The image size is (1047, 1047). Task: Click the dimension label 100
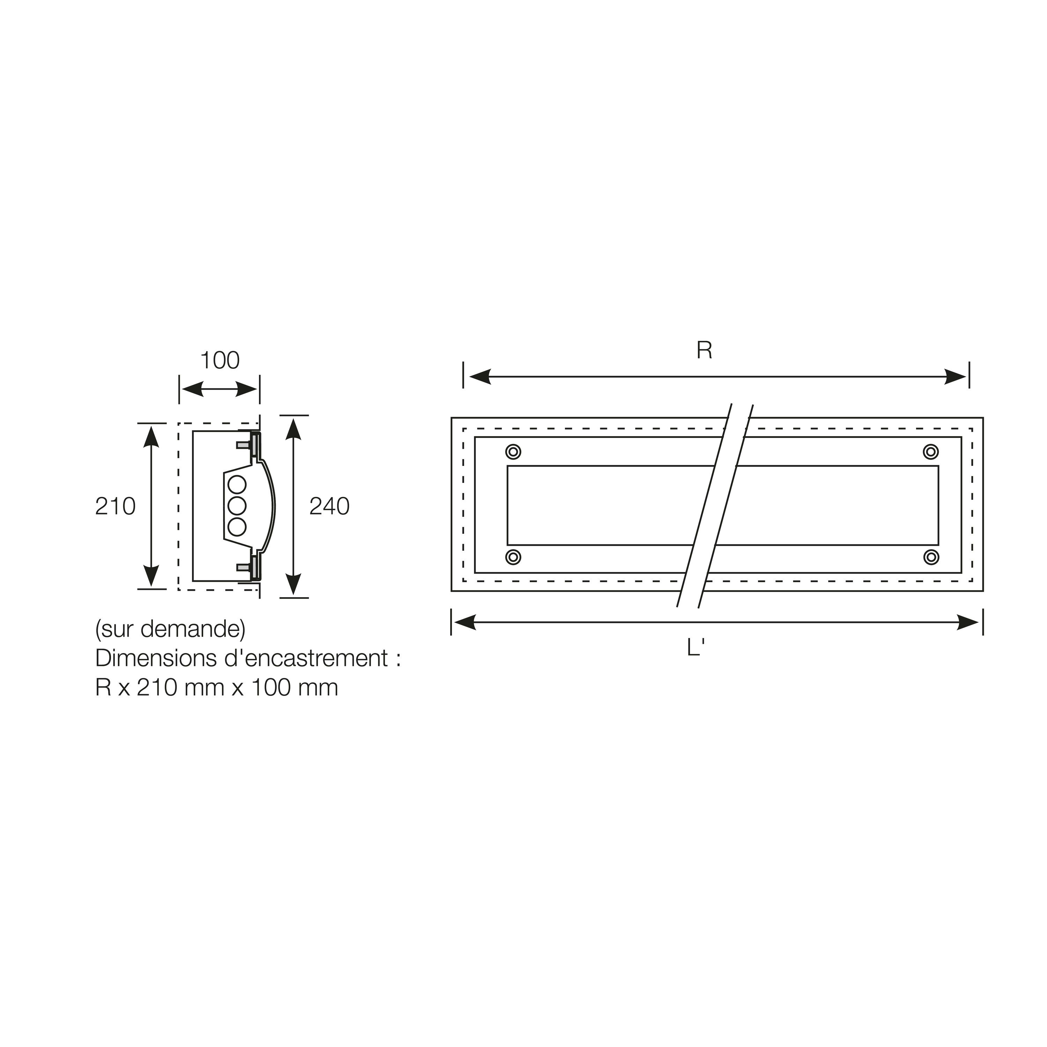tap(220, 361)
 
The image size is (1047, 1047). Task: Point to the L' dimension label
tap(695, 648)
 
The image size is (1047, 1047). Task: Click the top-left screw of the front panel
tap(513, 451)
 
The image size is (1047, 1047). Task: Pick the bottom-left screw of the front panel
tap(513, 557)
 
